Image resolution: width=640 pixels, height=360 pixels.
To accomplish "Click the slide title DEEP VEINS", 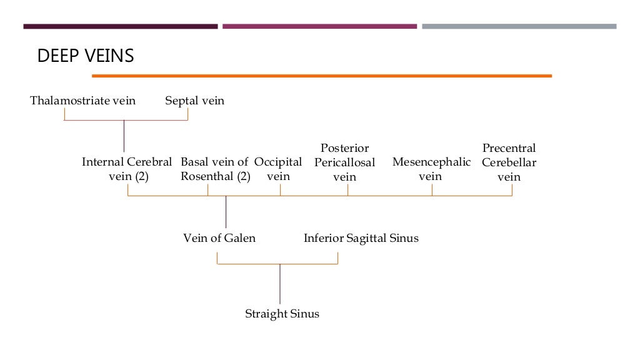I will (x=86, y=56).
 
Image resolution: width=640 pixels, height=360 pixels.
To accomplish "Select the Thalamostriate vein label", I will (x=82, y=101).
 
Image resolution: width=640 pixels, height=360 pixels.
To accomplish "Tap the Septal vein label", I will (x=194, y=101).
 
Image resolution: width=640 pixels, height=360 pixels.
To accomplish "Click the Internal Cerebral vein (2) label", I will (x=127, y=169).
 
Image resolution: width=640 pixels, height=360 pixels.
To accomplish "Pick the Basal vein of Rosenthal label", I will (x=215, y=169).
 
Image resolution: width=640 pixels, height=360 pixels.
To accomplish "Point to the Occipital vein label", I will (x=278, y=169).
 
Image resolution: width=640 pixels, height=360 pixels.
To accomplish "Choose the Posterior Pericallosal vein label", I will (x=344, y=162).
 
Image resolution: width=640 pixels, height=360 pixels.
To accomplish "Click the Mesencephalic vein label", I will (x=431, y=169).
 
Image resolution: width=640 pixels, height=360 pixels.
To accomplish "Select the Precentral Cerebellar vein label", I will (x=509, y=162).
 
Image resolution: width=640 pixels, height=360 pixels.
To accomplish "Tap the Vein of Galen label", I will (x=219, y=238).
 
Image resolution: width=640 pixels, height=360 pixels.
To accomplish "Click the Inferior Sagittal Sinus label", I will (x=361, y=238).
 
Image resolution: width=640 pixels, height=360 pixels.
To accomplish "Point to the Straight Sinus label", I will (x=282, y=314).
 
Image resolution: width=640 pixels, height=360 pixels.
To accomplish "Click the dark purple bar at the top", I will (x=120, y=26).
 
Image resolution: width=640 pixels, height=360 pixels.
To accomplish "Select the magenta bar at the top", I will (x=319, y=26).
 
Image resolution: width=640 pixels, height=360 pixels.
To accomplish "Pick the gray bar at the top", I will (x=519, y=26).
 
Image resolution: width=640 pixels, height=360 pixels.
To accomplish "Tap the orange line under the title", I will (x=321, y=76).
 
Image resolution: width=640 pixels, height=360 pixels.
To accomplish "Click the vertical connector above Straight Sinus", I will (x=280, y=284).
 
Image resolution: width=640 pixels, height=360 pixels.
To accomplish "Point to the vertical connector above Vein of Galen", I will (x=226, y=212).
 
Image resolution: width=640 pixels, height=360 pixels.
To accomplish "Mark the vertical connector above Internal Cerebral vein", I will (x=124, y=136).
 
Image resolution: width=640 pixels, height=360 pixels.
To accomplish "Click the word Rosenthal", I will (x=209, y=176).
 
